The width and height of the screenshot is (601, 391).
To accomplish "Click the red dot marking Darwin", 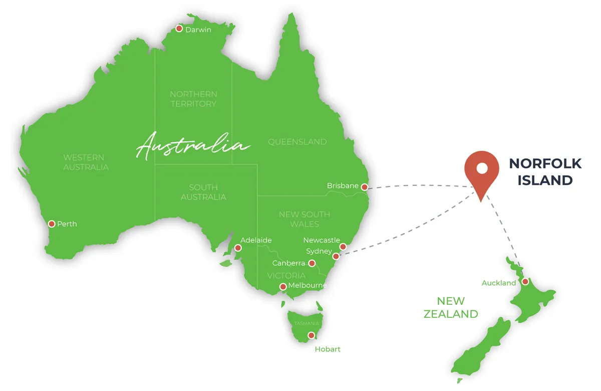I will (x=179, y=29).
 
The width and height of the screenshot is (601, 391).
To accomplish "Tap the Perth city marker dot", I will (x=52, y=224).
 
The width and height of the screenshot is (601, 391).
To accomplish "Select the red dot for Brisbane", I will (x=365, y=187).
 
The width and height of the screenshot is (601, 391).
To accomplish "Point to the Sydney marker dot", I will (x=336, y=256).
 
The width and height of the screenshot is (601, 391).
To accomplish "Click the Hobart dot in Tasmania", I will (x=312, y=335).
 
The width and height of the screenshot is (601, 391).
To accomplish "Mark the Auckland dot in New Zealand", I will (x=525, y=282).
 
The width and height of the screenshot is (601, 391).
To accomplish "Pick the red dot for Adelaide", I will (x=238, y=248).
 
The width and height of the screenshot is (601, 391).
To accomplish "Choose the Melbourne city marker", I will (x=283, y=287).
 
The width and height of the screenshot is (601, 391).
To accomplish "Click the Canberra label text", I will (x=288, y=263).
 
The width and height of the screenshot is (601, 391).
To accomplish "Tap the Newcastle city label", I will (x=321, y=241).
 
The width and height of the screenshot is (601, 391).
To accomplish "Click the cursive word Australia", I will (x=193, y=146).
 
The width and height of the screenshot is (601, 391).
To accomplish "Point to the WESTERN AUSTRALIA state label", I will (x=86, y=162).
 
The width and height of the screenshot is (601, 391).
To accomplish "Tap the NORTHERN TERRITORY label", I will (x=193, y=99).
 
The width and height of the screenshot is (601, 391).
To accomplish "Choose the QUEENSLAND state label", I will (x=297, y=142).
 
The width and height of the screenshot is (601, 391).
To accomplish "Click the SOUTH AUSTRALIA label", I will (x=203, y=192).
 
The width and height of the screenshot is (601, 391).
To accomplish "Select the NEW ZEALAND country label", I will (x=451, y=307).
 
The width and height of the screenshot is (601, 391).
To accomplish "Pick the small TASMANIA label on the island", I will (x=307, y=323).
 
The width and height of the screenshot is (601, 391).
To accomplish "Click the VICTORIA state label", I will (x=286, y=275).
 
